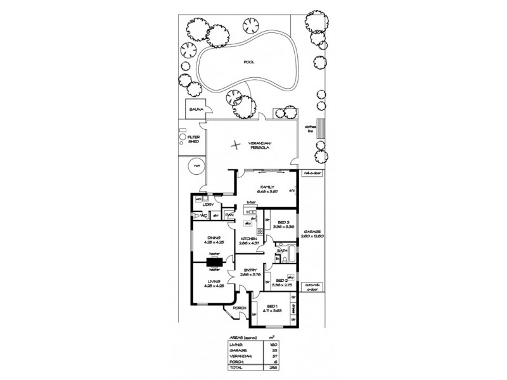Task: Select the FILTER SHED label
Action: pyautogui.click(x=193, y=139)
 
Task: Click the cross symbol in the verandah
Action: pyautogui.click(x=236, y=144)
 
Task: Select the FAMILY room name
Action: pyautogui.click(x=265, y=187)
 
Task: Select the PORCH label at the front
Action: pyautogui.click(x=240, y=308)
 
